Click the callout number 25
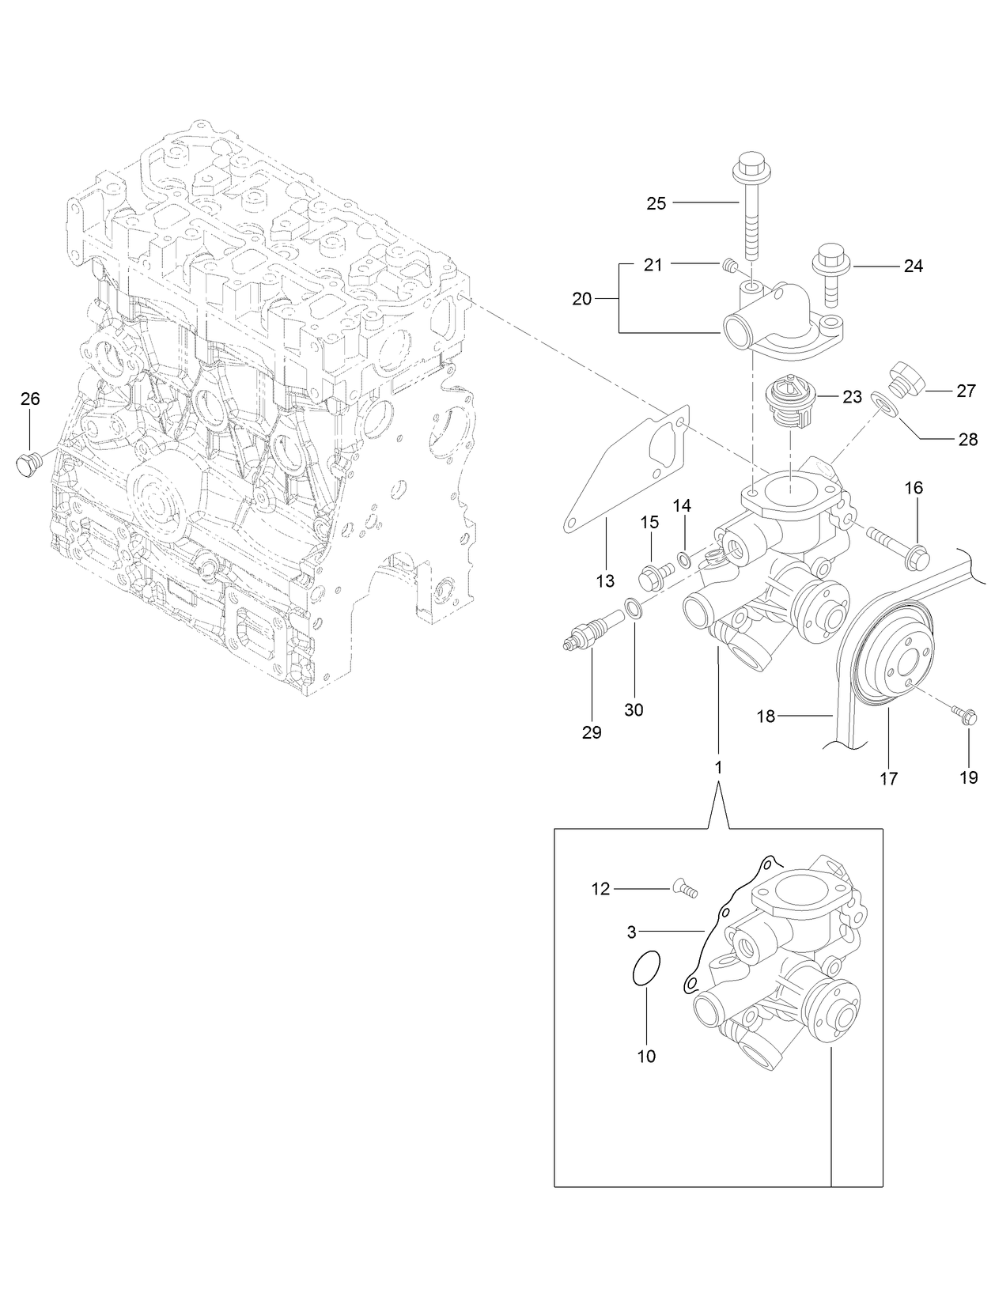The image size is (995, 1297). [656, 203]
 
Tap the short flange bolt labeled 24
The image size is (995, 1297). [829, 274]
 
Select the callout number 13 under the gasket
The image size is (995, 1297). [605, 581]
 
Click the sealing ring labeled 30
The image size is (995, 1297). [633, 608]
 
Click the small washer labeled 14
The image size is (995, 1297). [686, 560]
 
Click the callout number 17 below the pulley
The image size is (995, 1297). [888, 778]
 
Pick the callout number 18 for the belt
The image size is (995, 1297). [765, 717]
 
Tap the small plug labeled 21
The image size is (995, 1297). [730, 267]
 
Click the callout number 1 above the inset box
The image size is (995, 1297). [718, 767]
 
